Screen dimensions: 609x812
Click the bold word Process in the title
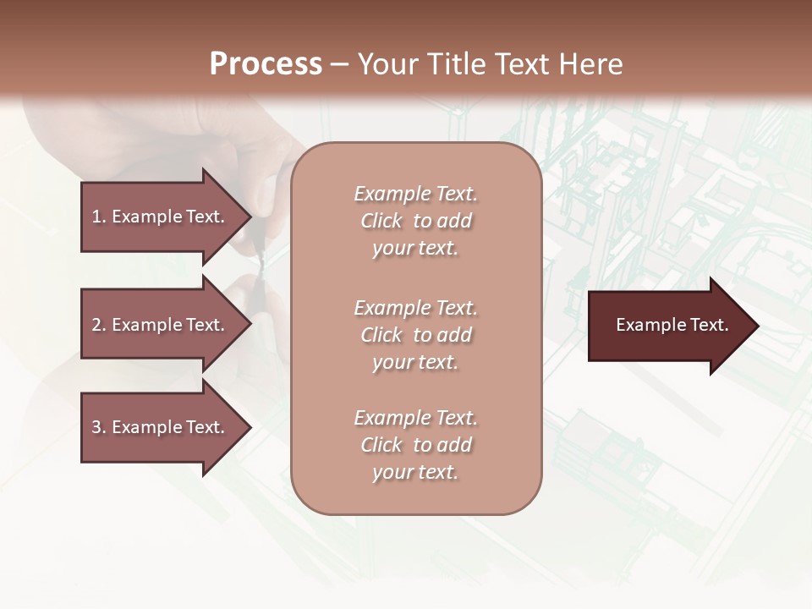click(x=266, y=64)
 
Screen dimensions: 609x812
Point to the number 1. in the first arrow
click(x=99, y=217)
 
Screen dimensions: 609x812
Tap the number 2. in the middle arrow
click(x=99, y=325)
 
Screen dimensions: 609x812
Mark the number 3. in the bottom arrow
click(x=99, y=427)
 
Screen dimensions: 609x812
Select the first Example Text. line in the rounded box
click(x=415, y=194)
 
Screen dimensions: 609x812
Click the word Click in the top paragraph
click(x=381, y=221)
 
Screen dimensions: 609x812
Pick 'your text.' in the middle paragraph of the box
click(x=415, y=362)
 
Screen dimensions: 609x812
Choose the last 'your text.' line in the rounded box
click(x=415, y=472)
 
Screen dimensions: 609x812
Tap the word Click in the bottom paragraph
click(x=381, y=445)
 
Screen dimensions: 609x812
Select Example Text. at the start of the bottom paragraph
click(x=415, y=418)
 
